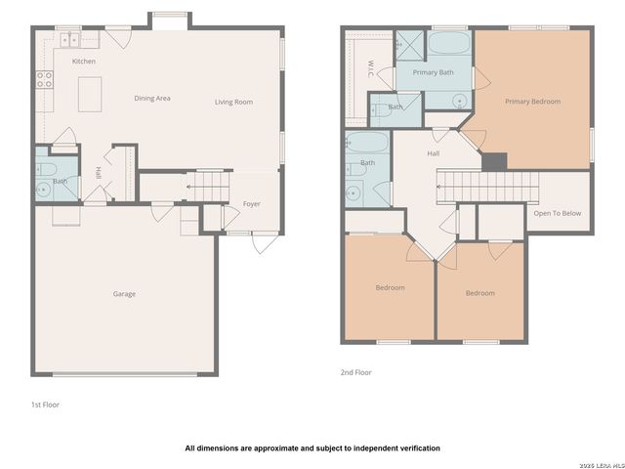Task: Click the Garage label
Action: [x=124, y=294]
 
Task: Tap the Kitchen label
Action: [x=84, y=62]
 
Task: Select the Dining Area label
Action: [x=152, y=99]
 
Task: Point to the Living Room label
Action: [x=234, y=102]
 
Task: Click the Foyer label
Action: [x=252, y=204]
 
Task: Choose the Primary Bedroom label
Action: [x=532, y=101]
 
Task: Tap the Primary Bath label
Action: [x=433, y=73]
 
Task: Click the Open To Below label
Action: [x=557, y=213]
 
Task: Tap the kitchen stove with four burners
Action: [x=44, y=80]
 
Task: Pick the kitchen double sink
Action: [x=69, y=40]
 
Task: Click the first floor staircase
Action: [x=207, y=183]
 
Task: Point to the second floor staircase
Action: [x=488, y=182]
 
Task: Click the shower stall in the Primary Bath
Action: [x=406, y=44]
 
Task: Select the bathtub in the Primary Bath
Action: [x=450, y=45]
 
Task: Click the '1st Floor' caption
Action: [x=45, y=404]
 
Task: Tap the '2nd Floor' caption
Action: [x=355, y=372]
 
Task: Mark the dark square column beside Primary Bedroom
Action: [x=496, y=162]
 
